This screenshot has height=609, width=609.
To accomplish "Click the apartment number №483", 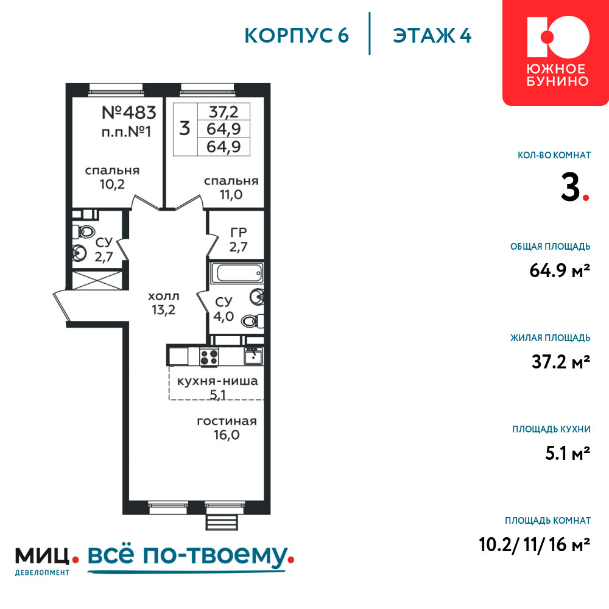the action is click(x=128, y=113).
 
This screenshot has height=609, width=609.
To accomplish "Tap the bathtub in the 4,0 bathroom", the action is click(x=237, y=272).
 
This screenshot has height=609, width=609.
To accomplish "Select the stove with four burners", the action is click(x=209, y=357).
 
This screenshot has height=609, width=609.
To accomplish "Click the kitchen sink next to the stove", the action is click(x=253, y=356).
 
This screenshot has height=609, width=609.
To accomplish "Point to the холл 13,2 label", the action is click(x=163, y=303).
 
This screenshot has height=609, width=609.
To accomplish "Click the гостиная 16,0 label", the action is click(x=227, y=428).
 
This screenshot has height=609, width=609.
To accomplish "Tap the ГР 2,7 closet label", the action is click(x=239, y=239).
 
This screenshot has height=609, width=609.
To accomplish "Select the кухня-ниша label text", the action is click(x=217, y=381).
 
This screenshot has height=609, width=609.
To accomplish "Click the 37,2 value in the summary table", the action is click(x=224, y=112).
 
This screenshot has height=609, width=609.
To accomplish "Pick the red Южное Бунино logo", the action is click(x=555, y=52).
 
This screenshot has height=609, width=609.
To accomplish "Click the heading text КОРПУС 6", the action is click(x=297, y=36).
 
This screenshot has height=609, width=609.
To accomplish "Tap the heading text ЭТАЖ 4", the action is click(x=432, y=36).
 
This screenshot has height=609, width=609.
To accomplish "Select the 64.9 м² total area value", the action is click(x=560, y=270).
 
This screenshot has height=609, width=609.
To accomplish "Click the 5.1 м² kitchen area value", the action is click(x=568, y=453).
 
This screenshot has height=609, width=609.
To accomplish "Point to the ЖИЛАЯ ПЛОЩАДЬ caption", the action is click(x=551, y=338).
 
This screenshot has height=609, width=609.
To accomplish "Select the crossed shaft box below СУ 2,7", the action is click(x=97, y=280).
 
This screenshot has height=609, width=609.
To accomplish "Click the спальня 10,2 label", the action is click(x=112, y=177).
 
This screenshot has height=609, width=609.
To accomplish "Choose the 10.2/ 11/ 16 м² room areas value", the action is click(x=535, y=544).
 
